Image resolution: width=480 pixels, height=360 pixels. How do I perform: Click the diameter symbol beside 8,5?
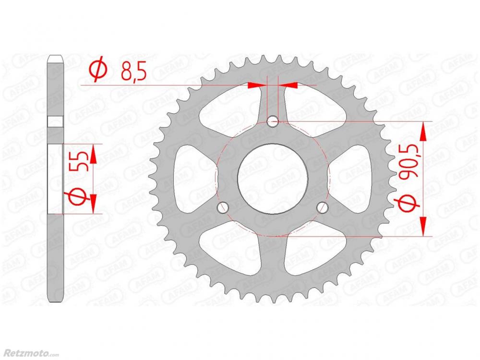coord(98,71)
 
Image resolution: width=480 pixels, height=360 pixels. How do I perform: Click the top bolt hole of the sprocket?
coord(273,122)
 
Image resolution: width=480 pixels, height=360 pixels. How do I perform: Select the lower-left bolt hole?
coord(223,208)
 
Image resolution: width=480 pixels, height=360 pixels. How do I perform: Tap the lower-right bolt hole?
coord(322,208)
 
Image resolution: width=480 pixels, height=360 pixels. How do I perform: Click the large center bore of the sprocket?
coord(273,179)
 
